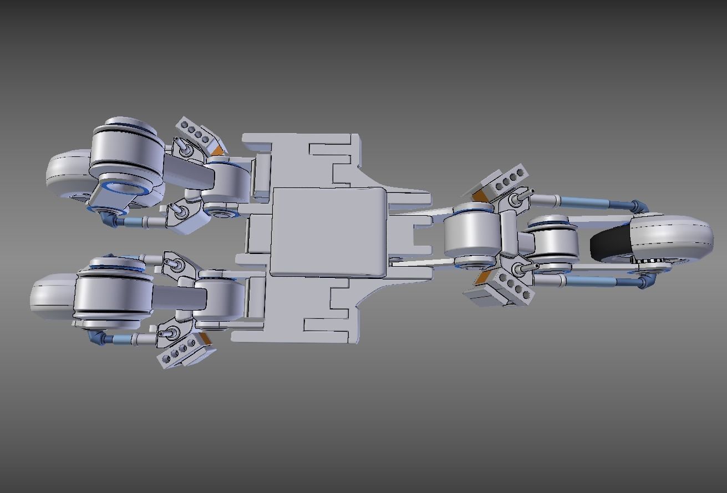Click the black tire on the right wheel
coord(607,244)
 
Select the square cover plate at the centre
coord(327,231)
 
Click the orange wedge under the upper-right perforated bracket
coord(478,195)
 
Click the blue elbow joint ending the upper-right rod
coord(640,207)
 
